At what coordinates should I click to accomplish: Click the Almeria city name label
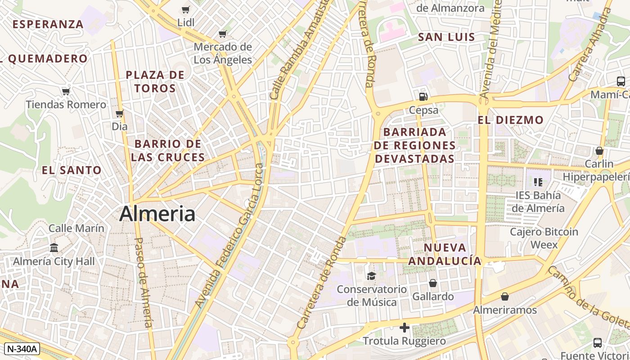(x=157, y=214)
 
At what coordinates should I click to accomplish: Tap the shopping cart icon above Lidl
(x=186, y=9)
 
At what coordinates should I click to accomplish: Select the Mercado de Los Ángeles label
(x=222, y=53)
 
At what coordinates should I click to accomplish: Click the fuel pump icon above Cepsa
(x=423, y=96)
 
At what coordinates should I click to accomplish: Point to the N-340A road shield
(x=22, y=348)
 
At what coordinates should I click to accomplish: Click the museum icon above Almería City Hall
(x=54, y=247)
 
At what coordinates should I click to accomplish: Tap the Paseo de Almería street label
(x=144, y=282)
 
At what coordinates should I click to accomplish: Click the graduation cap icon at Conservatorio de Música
(x=371, y=276)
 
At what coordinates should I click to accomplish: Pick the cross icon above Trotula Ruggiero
(x=404, y=328)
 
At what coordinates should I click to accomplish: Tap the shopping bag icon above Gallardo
(x=432, y=283)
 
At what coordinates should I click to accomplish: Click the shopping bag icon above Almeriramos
(x=505, y=297)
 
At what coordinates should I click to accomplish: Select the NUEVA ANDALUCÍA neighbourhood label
(x=445, y=254)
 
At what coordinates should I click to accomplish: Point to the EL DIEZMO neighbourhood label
(x=510, y=120)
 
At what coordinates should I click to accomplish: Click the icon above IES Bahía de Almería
(x=538, y=182)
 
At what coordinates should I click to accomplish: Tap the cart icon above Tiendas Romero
(x=66, y=92)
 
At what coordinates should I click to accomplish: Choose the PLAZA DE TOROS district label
(x=155, y=81)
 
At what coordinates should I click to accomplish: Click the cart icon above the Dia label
(x=119, y=113)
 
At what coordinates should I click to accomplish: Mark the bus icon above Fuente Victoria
(x=597, y=342)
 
